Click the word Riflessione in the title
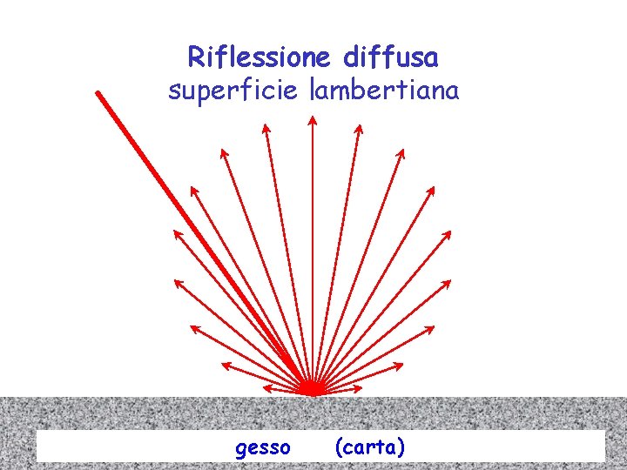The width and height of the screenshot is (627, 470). [258, 57]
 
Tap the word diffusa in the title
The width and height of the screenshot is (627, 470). [391, 57]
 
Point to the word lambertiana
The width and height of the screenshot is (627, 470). [384, 90]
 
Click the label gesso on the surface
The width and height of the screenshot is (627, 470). [263, 447]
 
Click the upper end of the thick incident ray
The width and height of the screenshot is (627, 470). [98, 93]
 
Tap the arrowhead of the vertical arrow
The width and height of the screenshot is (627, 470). [313, 120]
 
